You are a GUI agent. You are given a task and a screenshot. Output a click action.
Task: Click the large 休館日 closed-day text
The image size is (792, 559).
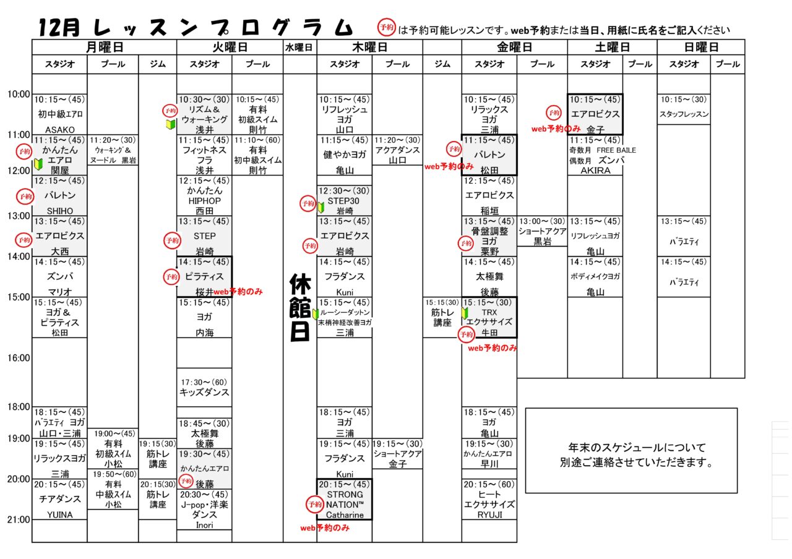300,307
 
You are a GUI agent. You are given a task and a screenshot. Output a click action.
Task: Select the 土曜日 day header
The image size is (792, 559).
612,47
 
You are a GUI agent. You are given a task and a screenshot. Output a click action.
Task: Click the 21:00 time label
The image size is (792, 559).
19,519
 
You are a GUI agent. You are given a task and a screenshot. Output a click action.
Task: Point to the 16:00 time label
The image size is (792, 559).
19,357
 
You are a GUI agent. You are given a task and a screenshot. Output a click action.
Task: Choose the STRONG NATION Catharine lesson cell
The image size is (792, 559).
345,499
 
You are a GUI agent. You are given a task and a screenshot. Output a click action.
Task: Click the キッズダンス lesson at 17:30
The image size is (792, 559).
204,387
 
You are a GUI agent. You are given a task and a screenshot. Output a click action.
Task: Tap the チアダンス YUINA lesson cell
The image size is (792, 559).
60,499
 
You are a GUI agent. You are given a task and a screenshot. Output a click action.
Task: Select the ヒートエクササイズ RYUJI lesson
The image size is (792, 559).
489,499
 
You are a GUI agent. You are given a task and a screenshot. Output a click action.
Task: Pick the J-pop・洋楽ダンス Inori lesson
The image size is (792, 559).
204,510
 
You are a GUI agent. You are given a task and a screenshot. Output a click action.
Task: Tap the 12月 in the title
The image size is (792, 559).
59,27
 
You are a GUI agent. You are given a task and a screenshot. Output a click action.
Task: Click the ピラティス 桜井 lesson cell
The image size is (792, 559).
204,276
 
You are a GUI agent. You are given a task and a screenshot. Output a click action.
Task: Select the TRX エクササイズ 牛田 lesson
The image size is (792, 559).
489,317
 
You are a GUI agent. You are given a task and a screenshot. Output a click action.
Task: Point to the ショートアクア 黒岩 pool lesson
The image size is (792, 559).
542,231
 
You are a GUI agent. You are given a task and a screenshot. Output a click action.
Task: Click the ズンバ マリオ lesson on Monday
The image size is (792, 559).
60,276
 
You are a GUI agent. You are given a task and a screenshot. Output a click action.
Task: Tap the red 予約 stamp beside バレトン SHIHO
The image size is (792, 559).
24,196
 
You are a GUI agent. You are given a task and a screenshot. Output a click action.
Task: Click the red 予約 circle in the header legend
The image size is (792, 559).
387,28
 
